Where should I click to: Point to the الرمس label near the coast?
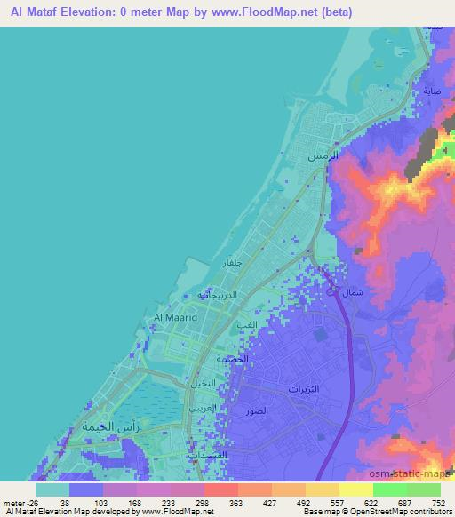click(323, 155)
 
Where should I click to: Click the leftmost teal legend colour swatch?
click(52, 489)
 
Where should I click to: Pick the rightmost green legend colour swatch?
click(424, 489)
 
